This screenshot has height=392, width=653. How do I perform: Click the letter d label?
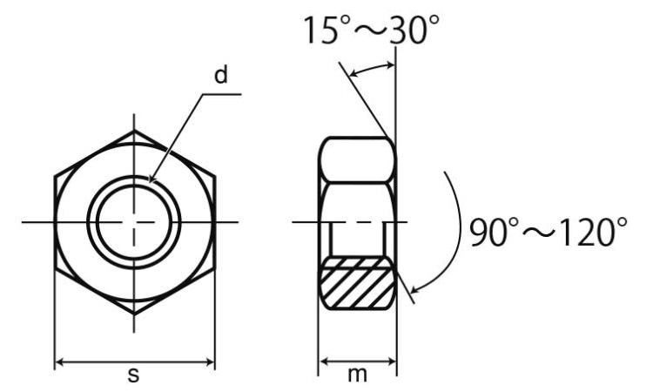point(220,75)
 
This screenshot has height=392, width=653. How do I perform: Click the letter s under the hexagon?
point(134,375)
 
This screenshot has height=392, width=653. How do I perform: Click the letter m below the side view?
point(358,375)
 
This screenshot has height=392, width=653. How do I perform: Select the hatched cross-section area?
point(358,284)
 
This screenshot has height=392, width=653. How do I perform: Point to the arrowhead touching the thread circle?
point(152,179)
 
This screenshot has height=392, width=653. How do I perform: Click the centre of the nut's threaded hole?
point(134,222)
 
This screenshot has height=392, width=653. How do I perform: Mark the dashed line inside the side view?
point(358,222)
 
